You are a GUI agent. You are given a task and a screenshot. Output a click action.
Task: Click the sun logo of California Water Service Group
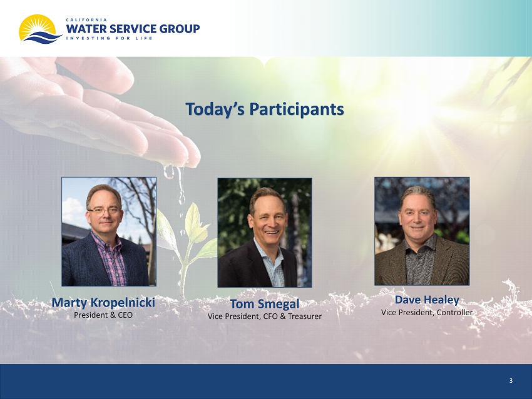point(40,29)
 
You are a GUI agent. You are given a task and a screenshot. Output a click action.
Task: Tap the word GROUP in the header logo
point(180,29)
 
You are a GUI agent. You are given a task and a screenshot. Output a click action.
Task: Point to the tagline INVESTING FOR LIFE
point(109,38)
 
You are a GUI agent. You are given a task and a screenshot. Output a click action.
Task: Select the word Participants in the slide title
point(297,109)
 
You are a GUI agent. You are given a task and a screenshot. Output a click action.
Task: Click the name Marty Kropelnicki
point(103,303)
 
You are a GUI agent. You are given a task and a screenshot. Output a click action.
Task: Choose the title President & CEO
point(103,315)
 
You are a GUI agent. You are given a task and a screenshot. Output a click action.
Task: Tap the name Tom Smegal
point(265,304)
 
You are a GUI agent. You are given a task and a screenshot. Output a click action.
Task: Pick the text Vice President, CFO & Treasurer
point(265,316)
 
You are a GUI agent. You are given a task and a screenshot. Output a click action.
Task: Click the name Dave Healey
point(427,300)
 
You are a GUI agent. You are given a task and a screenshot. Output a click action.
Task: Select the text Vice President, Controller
point(427,312)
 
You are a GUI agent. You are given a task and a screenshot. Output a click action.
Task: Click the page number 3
point(511,381)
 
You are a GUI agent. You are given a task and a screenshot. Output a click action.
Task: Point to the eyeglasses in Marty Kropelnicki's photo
point(104,211)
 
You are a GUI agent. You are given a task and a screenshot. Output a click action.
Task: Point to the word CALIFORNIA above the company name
point(86,19)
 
